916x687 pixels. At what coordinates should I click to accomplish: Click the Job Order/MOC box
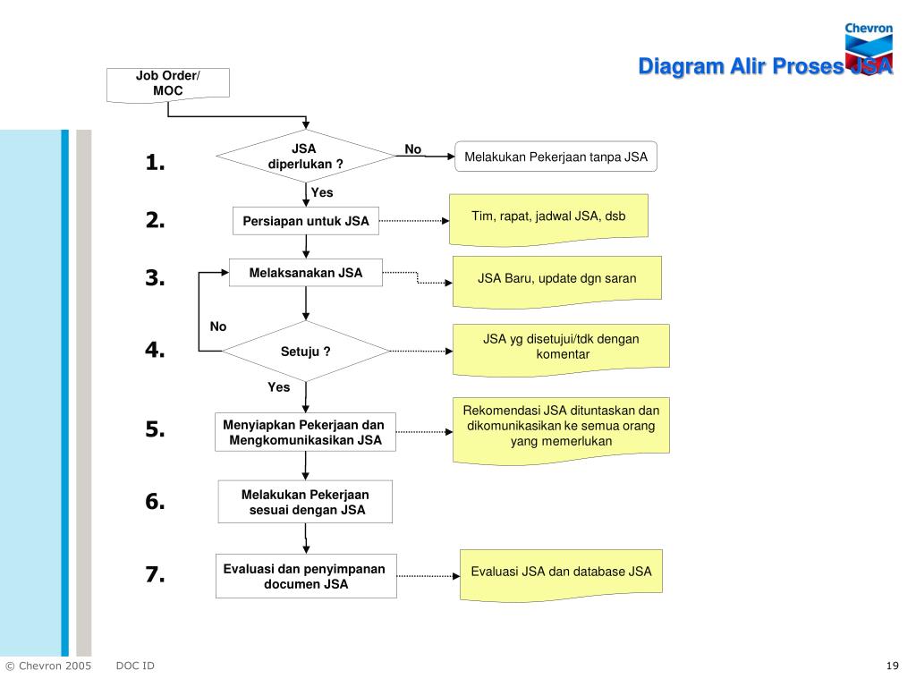tap(167, 85)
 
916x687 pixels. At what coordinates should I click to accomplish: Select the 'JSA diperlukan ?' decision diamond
tap(306, 156)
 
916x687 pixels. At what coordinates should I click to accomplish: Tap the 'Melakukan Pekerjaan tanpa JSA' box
tap(556, 157)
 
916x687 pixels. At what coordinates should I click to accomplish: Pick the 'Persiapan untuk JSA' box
tap(306, 221)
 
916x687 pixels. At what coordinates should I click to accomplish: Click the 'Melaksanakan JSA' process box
tap(306, 273)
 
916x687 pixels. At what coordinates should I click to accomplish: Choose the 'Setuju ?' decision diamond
tap(306, 351)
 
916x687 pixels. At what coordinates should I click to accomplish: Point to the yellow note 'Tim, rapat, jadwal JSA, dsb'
tap(548, 220)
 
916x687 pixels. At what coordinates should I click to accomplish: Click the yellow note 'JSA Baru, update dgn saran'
tap(556, 282)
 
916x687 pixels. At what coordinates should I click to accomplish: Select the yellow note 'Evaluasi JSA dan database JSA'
tap(561, 575)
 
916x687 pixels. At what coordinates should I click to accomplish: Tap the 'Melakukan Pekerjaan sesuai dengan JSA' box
tap(305, 502)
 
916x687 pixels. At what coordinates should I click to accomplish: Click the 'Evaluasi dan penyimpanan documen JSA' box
tap(306, 576)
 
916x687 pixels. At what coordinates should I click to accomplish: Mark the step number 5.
tap(155, 429)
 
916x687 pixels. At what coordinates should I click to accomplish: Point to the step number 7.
tap(155, 574)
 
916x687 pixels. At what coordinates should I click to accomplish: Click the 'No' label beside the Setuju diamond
tap(218, 327)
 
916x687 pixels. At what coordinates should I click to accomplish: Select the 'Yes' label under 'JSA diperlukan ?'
tap(322, 192)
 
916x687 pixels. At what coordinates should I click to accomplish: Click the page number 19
tap(892, 666)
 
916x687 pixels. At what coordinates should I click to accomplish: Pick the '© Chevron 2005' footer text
tap(48, 666)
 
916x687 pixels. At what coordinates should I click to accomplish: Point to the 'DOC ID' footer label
tap(135, 666)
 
